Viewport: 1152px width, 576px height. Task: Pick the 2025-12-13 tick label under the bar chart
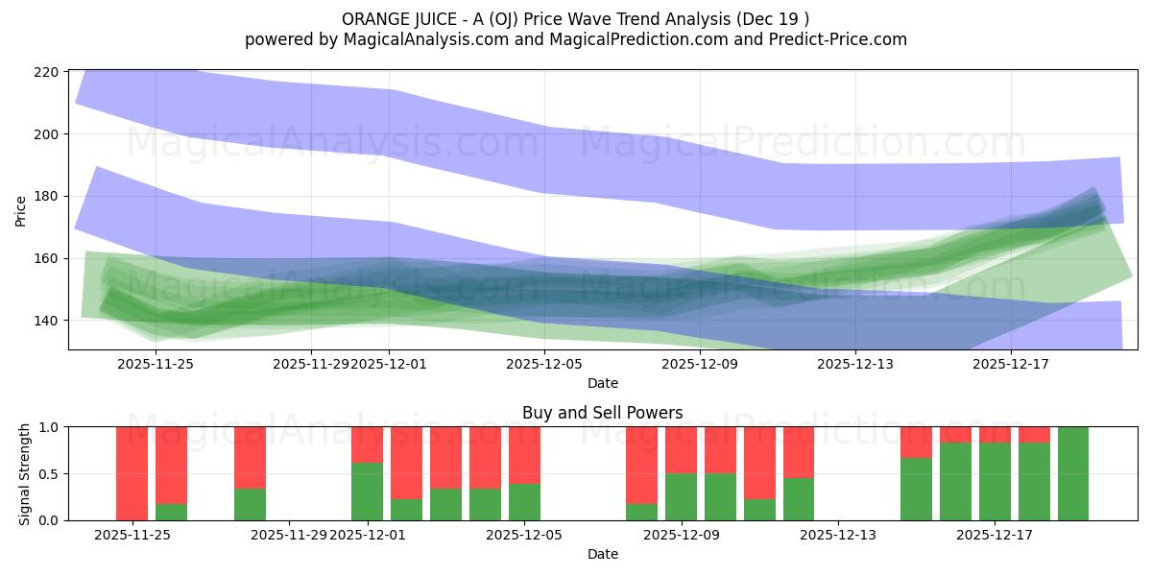pos(838,535)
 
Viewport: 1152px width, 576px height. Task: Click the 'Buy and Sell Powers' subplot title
pos(602,413)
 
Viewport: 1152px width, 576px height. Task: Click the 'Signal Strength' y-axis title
pos(25,473)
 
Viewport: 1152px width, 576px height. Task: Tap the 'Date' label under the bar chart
pos(602,554)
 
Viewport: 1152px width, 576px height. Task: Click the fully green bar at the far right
pos(1072,473)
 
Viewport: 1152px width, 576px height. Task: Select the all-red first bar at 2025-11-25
pos(132,473)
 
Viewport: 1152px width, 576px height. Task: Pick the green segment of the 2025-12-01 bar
pos(367,492)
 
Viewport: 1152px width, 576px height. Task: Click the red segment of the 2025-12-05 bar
pos(524,455)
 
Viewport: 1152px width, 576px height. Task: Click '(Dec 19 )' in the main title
pos(774,19)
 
